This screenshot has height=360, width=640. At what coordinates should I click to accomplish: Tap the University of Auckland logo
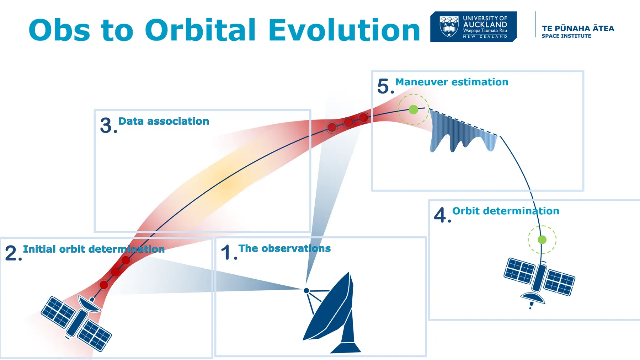tap(473, 27)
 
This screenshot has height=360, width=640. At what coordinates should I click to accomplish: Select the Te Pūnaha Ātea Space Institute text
tap(578, 31)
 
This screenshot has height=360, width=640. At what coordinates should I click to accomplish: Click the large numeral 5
tap(384, 86)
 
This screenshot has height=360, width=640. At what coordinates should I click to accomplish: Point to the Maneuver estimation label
tap(452, 82)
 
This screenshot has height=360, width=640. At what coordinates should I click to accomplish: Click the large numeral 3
tap(106, 125)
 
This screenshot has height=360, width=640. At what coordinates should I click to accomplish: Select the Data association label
tap(164, 121)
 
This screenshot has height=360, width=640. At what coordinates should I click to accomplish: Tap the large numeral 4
tap(440, 215)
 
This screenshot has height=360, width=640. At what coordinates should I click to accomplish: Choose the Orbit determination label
tap(506, 211)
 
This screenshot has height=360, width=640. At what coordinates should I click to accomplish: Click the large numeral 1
tap(226, 252)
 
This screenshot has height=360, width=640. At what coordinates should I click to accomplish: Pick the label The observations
tap(284, 248)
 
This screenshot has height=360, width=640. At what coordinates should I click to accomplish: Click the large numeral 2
tap(11, 253)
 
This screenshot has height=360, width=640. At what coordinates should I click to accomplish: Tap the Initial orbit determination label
tap(94, 249)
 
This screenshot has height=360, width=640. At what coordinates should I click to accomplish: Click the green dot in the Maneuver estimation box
tap(413, 109)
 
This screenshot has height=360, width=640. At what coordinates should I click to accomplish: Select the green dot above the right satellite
tap(542, 240)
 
